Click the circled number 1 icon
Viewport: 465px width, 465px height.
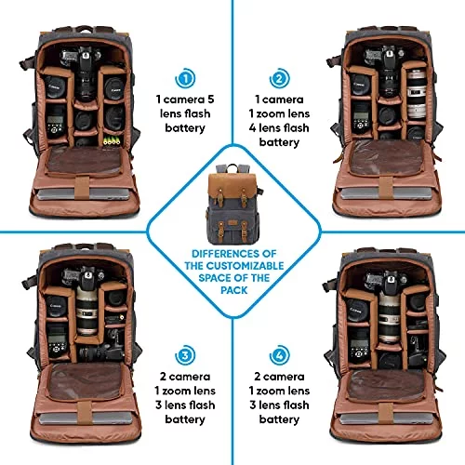coord(185,78)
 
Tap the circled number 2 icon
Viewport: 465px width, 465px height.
coord(279,78)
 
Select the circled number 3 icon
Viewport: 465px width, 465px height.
coord(185,354)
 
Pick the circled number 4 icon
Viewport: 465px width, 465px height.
coord(279,354)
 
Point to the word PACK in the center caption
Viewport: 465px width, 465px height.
coord(234,290)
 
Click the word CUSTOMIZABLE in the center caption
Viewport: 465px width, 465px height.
coord(245,266)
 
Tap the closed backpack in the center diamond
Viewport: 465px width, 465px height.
coord(234,204)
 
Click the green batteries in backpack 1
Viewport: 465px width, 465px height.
coord(112,140)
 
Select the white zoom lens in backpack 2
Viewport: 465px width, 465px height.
coord(416,94)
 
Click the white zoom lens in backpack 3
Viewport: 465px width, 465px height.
coord(86,311)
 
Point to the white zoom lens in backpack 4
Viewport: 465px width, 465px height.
coord(389,318)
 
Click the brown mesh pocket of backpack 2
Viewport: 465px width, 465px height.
coord(387,158)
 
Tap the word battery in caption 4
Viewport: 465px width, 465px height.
coord(279,419)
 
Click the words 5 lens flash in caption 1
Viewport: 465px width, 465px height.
coord(185,106)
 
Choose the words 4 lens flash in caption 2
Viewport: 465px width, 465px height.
coord(279,127)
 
